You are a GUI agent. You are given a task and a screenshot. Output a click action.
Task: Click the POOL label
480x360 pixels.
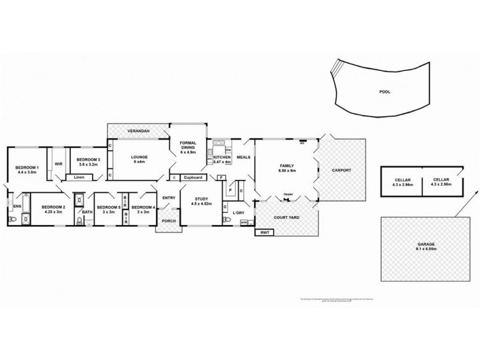click(x=385, y=93)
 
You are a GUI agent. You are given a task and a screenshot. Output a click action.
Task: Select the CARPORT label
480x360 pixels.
click(x=341, y=170)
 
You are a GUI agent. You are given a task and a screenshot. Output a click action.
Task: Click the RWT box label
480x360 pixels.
click(x=263, y=232)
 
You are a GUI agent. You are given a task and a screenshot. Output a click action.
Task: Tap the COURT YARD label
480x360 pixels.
click(x=286, y=217)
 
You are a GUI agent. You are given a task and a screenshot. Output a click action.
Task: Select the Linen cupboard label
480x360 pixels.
click(x=79, y=177)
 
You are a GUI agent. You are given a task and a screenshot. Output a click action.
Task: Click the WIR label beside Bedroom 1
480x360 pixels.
click(x=59, y=163)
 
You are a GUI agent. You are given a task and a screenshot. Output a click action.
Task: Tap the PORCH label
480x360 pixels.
click(x=167, y=227)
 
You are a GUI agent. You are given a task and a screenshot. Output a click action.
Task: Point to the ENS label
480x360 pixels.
click(x=16, y=206)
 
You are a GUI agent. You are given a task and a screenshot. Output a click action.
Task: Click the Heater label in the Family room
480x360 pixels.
click(x=289, y=194)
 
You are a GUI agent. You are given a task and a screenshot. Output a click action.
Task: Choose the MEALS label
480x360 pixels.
click(x=243, y=158)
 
